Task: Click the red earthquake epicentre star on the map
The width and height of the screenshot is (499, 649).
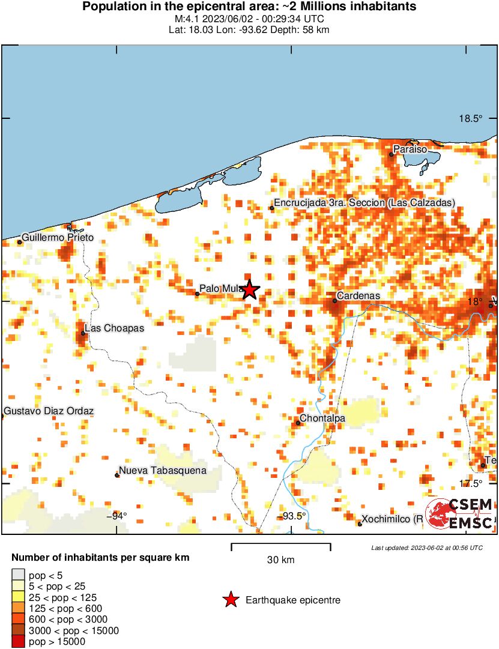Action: (250, 290)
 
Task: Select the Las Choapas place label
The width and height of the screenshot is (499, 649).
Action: (114, 328)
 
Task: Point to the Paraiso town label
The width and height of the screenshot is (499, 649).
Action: (410, 149)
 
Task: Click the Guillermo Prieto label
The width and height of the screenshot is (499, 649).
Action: (58, 238)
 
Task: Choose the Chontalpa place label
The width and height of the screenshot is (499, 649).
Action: (322, 418)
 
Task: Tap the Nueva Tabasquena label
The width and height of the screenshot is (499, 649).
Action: (162, 471)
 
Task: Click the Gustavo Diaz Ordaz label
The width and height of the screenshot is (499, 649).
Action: (49, 411)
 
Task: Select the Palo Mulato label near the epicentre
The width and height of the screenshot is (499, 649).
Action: (220, 289)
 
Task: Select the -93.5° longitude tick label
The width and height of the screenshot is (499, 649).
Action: (294, 516)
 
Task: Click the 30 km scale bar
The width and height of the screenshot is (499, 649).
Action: (281, 546)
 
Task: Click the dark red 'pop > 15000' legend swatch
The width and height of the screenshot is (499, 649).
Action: (19, 642)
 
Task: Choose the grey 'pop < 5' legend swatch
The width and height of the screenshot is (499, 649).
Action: (19, 575)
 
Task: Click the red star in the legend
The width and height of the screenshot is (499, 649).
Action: (230, 600)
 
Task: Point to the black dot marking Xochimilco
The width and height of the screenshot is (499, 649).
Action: (360, 524)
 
